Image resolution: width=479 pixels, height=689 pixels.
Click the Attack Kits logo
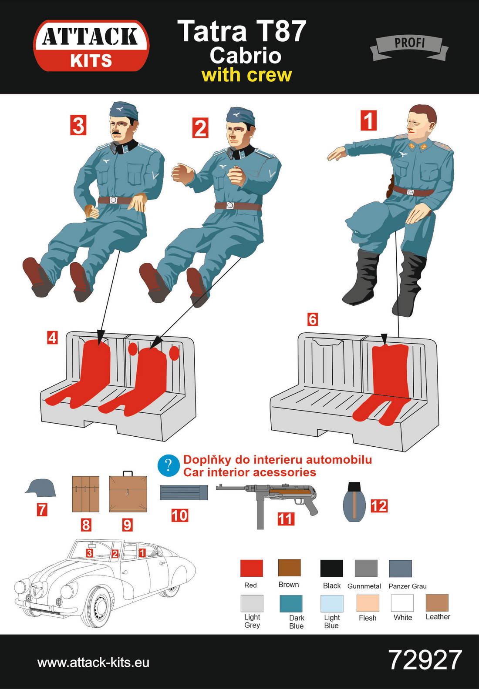click(91, 46)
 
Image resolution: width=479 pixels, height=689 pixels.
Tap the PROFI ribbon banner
click(409, 48)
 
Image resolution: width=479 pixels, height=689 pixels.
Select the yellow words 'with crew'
click(246, 75)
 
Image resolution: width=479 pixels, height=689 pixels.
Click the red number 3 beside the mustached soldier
click(78, 125)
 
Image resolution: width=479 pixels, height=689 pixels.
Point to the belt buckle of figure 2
click(229, 205)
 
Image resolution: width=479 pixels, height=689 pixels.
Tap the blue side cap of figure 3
click(124, 110)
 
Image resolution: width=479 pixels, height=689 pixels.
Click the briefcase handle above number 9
click(128, 473)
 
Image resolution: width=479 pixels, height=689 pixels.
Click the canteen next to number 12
click(354, 502)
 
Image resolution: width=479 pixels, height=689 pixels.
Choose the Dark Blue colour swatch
click(291, 604)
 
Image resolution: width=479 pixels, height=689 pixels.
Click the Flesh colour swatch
click(368, 603)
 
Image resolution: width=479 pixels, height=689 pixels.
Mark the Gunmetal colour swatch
click(366, 569)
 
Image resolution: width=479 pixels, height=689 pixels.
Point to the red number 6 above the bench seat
click(313, 319)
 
